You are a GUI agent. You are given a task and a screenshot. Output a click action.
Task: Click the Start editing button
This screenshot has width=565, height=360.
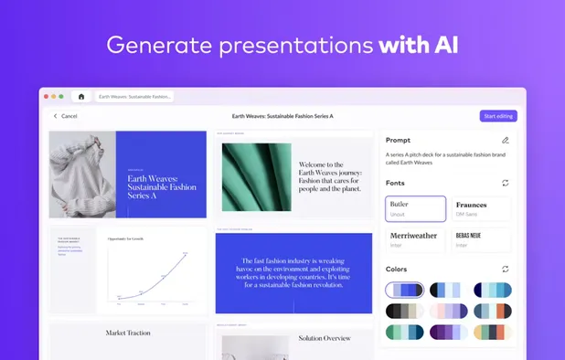click(498, 116)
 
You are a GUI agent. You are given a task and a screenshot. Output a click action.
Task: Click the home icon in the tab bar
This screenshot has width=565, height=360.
click(80, 96)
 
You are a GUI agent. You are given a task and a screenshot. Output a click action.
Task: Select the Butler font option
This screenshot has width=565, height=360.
click(416, 208)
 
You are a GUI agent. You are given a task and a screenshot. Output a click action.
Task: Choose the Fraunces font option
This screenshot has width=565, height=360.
click(480, 208)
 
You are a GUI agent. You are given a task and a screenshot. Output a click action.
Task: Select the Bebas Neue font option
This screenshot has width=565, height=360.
click(480, 239)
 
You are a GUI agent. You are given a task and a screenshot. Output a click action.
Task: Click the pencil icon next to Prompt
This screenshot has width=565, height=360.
click(506, 141)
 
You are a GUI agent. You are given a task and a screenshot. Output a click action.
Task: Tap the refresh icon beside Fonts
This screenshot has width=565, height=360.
click(506, 183)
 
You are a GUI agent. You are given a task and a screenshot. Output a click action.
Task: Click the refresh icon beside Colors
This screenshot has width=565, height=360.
click(506, 269)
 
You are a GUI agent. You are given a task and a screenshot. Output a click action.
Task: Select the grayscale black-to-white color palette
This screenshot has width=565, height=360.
click(404, 312)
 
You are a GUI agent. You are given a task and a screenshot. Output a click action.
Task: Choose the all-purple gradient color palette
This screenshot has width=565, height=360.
click(449, 334)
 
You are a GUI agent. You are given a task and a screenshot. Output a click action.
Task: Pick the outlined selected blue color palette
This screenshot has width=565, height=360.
click(404, 291)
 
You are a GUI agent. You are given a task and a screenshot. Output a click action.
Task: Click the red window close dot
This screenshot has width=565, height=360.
click(47, 96)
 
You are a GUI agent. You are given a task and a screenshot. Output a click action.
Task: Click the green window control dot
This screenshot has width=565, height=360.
click(61, 96)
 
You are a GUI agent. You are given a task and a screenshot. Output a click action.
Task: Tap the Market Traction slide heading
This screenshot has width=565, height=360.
click(128, 334)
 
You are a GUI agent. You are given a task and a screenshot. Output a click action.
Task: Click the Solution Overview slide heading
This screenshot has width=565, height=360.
click(325, 338)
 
